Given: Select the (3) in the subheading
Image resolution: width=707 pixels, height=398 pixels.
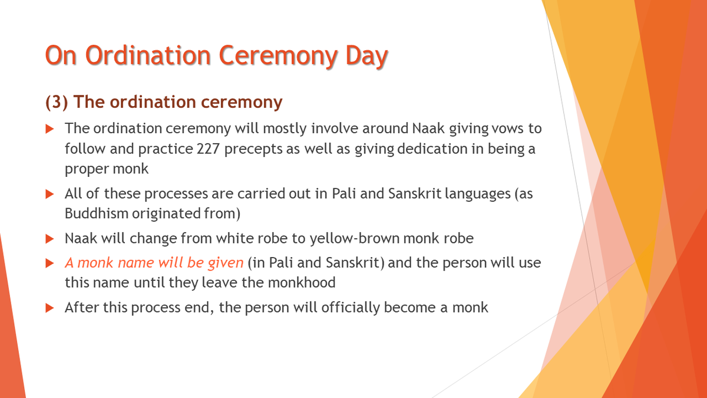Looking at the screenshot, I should point(57,102).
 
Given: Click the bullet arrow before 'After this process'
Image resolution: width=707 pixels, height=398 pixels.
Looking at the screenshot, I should point(50,307).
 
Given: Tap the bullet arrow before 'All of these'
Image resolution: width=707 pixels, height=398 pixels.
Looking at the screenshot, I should point(50,194).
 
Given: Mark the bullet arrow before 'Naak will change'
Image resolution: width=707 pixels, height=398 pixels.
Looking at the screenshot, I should point(50,239).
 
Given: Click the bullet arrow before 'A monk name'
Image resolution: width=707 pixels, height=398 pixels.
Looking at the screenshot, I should point(50,263).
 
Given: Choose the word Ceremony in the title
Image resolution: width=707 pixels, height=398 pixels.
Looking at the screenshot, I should point(276,56).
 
